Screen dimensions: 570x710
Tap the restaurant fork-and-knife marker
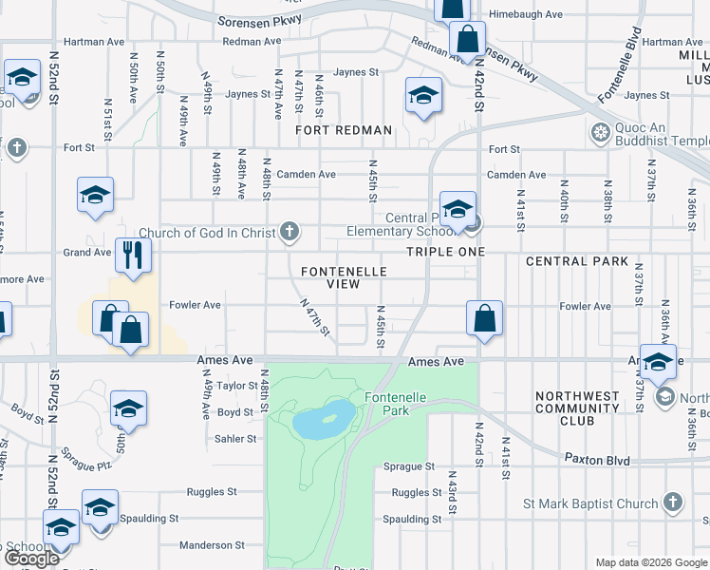click(x=133, y=254)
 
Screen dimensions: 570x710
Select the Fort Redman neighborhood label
click(x=343, y=130)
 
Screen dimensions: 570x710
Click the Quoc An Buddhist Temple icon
click(x=599, y=132)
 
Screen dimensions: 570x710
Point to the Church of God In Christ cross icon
click(x=290, y=232)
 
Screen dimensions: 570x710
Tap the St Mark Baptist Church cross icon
click(x=672, y=503)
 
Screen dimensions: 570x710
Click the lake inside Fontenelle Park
click(x=322, y=419)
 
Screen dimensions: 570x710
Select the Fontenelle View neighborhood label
click(x=344, y=277)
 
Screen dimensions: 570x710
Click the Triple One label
click(x=445, y=252)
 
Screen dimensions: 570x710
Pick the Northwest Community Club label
click(x=577, y=408)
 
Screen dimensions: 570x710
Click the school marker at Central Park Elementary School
click(x=458, y=209)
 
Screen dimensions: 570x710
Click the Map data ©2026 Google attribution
click(x=650, y=562)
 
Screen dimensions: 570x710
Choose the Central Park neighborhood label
click(x=576, y=261)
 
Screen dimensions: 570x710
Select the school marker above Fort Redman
click(x=423, y=95)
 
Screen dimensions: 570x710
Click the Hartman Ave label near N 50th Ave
click(x=92, y=42)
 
